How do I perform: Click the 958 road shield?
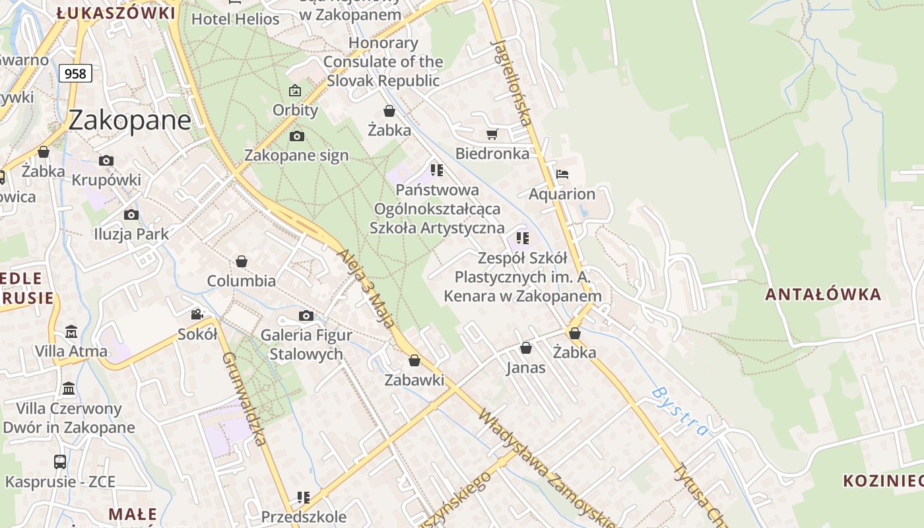click(75, 73)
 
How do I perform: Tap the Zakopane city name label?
click(129, 120)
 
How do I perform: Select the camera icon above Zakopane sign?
click(297, 136)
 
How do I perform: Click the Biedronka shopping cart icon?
click(492, 135)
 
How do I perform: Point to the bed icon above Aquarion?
click(562, 174)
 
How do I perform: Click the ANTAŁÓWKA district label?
click(823, 294)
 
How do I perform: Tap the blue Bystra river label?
click(679, 411)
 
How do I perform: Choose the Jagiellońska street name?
click(512, 82)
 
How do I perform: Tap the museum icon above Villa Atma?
click(71, 331)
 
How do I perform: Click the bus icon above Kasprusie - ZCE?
click(60, 461)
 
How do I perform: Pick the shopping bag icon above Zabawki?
click(414, 360)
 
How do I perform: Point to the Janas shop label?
click(526, 368)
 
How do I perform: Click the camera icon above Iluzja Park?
click(131, 214)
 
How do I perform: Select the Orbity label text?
click(296, 110)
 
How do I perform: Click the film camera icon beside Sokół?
click(197, 314)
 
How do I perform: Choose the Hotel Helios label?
click(236, 19)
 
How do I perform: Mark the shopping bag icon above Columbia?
click(242, 261)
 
